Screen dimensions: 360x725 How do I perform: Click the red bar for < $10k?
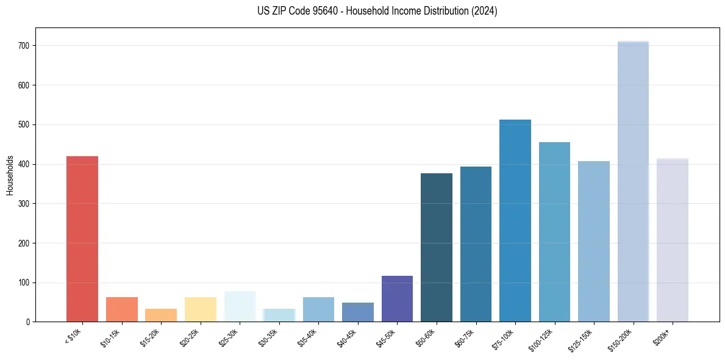pos(82,239)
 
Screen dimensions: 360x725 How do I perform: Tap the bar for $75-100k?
pos(515,221)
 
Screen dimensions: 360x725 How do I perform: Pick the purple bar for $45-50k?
pos(397,299)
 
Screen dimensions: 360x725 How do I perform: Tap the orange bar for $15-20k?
pos(161,315)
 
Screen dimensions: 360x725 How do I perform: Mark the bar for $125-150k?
pos(594,242)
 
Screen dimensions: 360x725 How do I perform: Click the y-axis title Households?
pos(10,175)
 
